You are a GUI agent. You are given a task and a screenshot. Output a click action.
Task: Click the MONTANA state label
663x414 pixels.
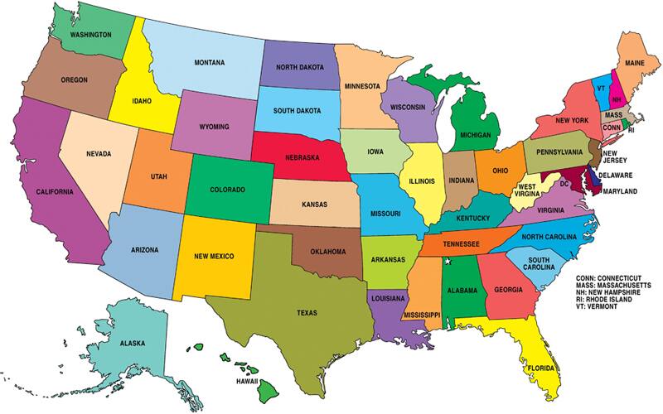click(x=211, y=63)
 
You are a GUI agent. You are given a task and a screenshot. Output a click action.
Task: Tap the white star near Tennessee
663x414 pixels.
click(x=448, y=262)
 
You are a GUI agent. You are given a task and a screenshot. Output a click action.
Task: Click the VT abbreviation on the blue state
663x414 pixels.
click(x=602, y=85)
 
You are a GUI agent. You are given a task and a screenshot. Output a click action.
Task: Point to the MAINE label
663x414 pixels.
click(x=636, y=63)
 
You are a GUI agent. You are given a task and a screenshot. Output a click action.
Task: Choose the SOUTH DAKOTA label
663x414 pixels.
click(x=298, y=110)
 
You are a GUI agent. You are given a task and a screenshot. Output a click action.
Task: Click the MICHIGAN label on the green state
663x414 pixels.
click(x=475, y=135)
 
